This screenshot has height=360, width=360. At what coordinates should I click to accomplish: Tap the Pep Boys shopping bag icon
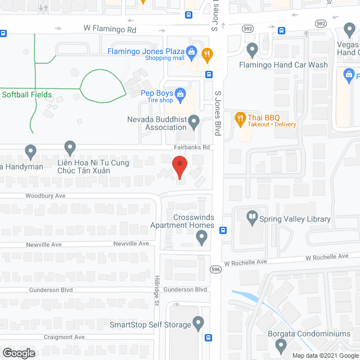click(x=180, y=93)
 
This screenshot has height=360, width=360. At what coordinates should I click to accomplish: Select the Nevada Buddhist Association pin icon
click(x=194, y=121)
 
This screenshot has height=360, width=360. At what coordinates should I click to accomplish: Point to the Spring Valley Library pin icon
click(x=251, y=216)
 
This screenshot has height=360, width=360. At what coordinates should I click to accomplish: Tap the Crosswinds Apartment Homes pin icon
click(x=202, y=239)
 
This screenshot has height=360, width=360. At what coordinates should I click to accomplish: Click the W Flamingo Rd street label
click(x=110, y=28)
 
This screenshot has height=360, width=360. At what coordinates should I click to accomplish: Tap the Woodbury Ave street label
click(x=46, y=196)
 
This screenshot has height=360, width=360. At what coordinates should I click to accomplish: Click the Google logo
click(x=19, y=353)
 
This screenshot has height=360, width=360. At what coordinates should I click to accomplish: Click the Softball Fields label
click(x=26, y=94)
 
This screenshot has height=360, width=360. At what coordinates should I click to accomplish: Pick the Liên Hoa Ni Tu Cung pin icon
click(x=70, y=148)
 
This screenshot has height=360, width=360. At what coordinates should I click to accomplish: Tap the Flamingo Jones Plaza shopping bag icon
click(x=191, y=53)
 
